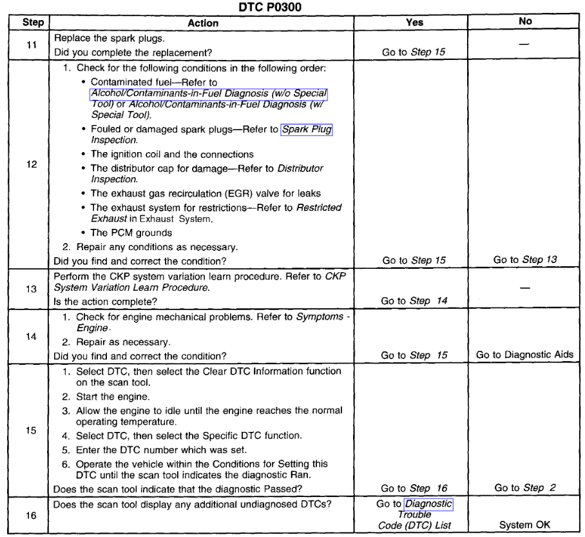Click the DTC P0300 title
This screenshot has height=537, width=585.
292,6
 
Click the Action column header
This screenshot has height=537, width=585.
203,22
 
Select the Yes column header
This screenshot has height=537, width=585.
416,22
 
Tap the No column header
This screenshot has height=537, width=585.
525,22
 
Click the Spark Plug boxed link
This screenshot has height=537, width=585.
307,130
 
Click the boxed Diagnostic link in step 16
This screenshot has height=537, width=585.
428,503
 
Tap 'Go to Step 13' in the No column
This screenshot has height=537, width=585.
525,260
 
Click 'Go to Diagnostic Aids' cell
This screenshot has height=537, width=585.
525,355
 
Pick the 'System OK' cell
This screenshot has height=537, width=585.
525,525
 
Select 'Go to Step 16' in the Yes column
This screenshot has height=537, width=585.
416,489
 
